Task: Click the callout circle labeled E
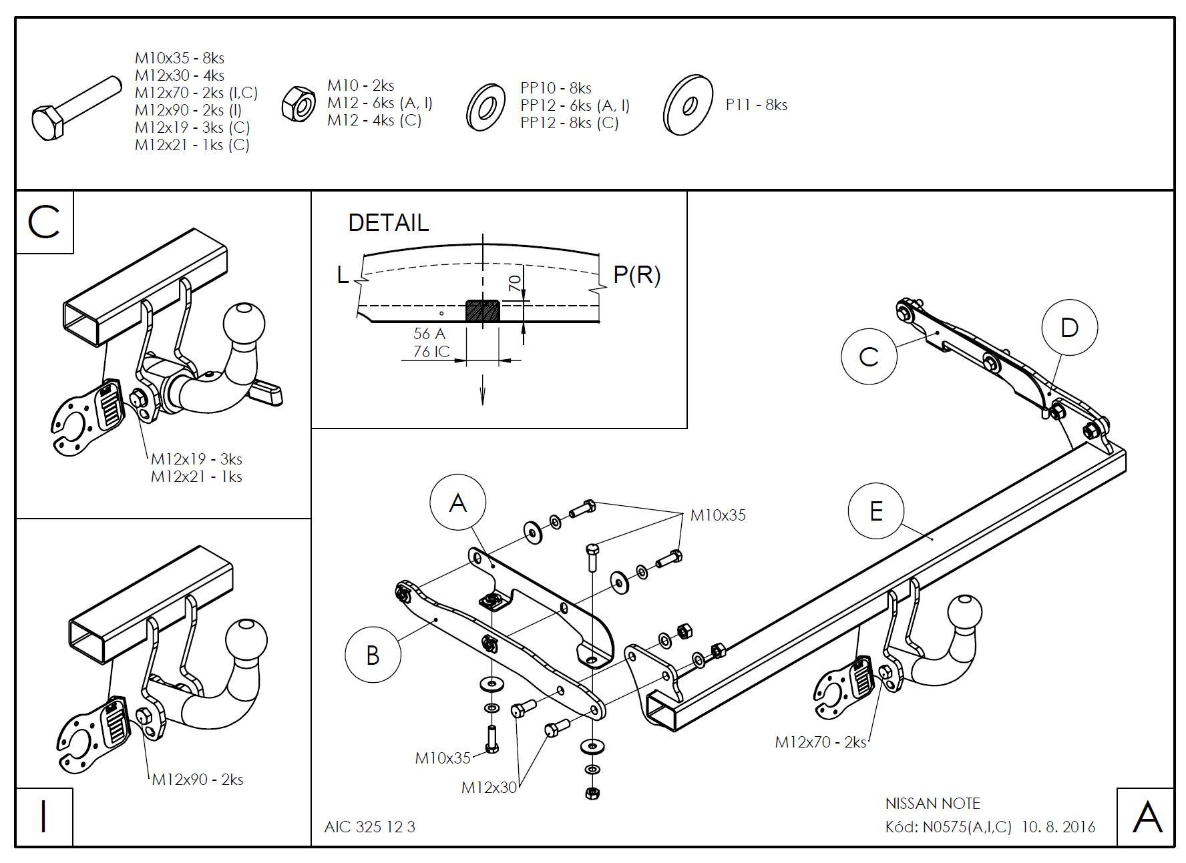click(875, 511)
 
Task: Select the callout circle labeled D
click(1069, 327)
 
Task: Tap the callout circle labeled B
click(373, 655)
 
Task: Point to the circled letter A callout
click(457, 502)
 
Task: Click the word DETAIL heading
click(388, 222)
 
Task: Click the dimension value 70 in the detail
click(514, 283)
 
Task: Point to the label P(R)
click(636, 274)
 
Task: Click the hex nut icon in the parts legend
click(299, 103)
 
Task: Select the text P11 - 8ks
click(756, 105)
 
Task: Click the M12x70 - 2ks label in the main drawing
click(820, 742)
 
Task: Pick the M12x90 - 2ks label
click(198, 779)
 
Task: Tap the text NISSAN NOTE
click(932, 804)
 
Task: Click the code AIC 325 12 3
click(369, 827)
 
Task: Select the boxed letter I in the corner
click(44, 816)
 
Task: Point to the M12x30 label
click(489, 788)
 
